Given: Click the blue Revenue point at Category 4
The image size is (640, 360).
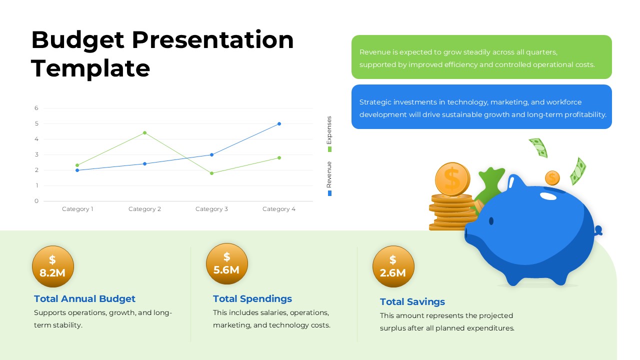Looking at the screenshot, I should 279,123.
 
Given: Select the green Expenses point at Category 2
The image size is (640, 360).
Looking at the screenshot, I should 144,132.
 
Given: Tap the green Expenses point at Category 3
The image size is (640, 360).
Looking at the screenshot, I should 211,173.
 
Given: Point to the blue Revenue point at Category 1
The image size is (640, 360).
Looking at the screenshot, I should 77,170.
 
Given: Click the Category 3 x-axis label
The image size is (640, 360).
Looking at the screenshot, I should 211,209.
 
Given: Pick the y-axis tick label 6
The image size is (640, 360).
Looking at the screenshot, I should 36,108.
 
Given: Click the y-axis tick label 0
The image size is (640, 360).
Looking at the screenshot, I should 36,201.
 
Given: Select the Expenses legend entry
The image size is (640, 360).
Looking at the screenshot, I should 329,133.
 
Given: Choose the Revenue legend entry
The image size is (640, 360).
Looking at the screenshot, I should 329,177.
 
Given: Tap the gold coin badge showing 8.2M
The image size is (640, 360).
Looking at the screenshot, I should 53,266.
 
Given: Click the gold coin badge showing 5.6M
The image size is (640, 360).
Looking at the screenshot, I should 226,263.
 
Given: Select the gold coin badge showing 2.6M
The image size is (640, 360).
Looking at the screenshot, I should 393,266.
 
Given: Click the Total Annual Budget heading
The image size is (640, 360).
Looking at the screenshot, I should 84,299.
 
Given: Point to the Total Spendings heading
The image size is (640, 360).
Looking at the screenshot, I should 252,299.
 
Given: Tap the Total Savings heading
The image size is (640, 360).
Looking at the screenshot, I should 412,302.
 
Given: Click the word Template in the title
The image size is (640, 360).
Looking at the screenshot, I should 90,68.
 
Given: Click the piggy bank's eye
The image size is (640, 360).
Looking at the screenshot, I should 491,221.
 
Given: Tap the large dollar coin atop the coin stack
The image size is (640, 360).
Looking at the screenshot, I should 452,178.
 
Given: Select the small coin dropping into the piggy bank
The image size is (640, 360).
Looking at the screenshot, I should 552,177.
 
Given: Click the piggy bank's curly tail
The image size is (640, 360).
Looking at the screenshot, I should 598,230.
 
